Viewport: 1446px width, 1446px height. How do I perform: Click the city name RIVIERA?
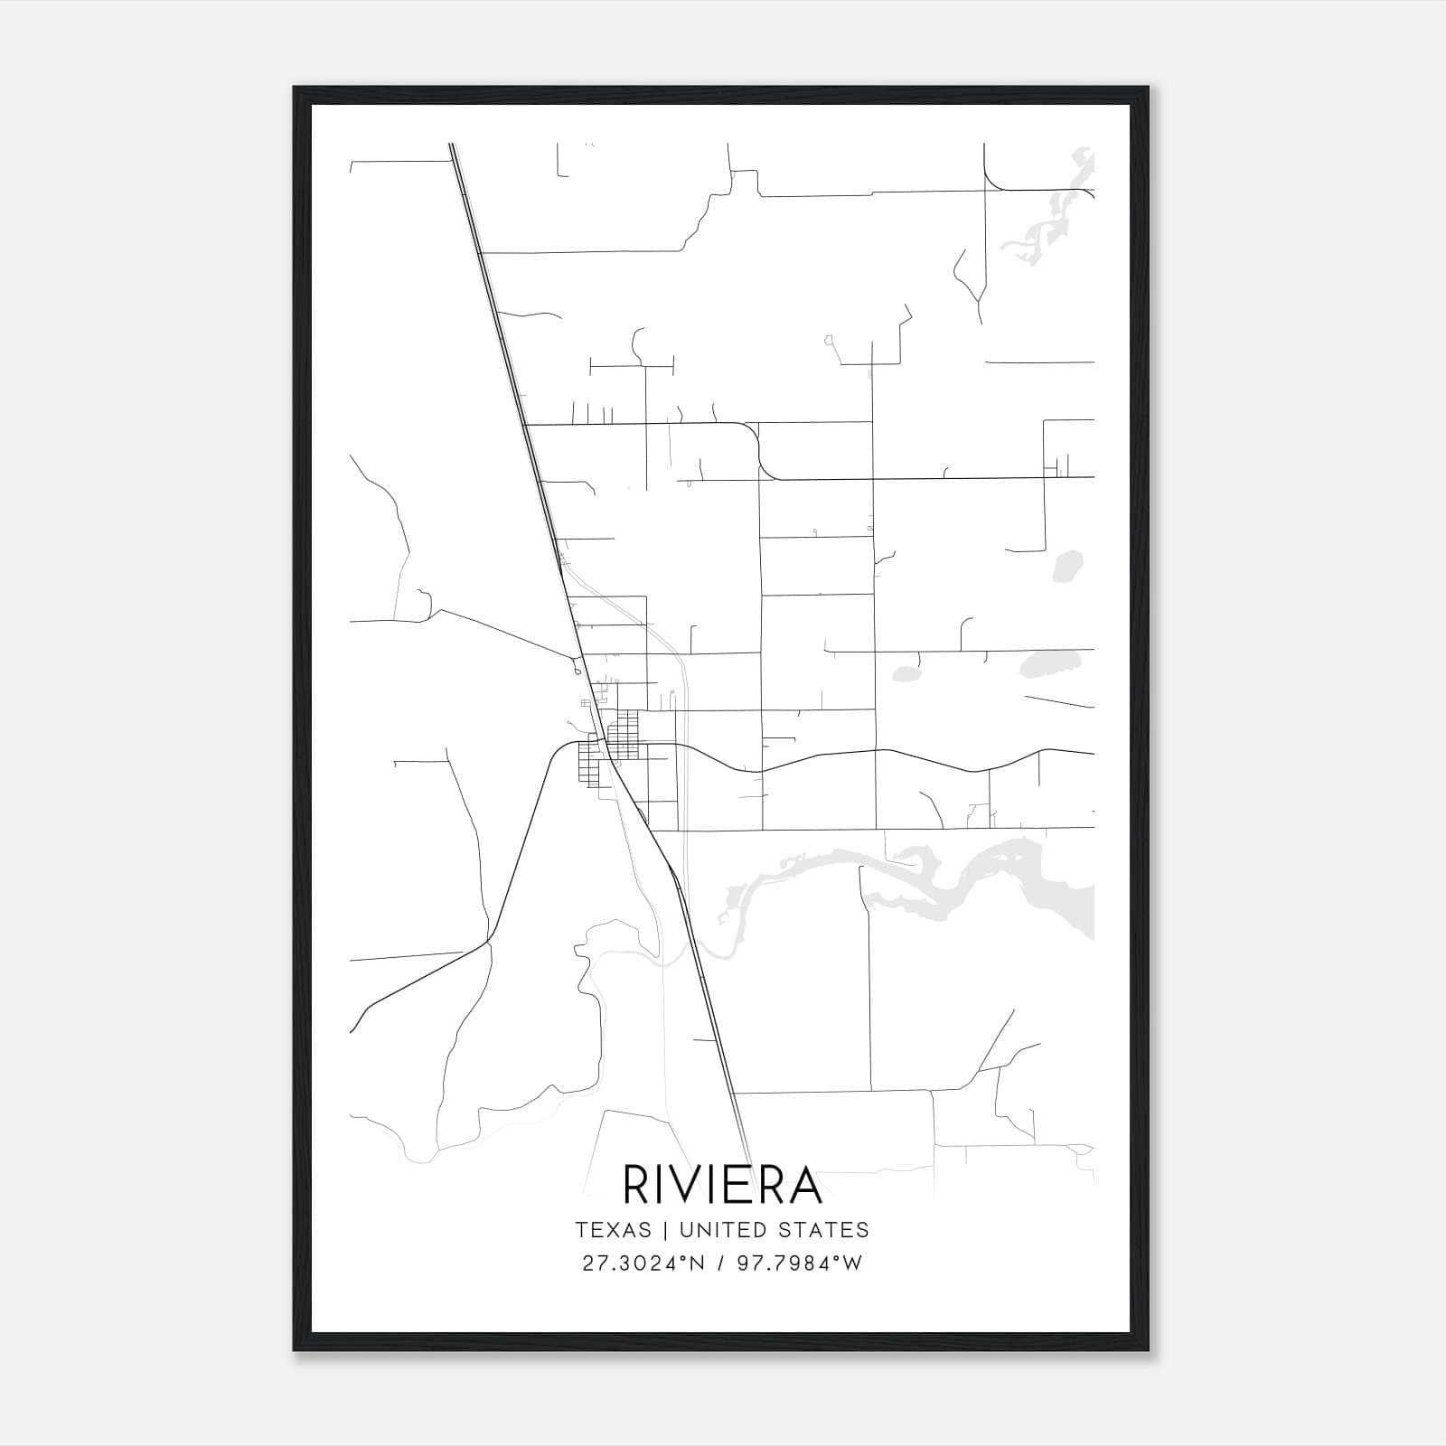(722, 1185)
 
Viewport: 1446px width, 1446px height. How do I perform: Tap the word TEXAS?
(612, 1230)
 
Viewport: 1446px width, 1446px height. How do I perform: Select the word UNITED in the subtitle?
(717, 1230)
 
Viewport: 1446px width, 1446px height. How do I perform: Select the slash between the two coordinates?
(720, 1263)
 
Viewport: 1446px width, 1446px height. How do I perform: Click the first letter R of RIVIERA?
(639, 1185)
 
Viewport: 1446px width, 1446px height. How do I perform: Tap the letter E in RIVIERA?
(742, 1185)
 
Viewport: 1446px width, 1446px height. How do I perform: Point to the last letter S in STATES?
(863, 1230)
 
